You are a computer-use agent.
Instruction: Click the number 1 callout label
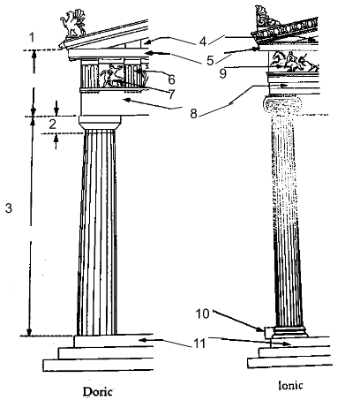(32, 38)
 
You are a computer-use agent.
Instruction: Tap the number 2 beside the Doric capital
(52, 125)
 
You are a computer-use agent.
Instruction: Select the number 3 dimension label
(9, 208)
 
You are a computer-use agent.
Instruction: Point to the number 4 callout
(202, 42)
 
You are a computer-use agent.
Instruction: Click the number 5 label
(210, 61)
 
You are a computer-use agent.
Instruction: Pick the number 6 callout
(171, 79)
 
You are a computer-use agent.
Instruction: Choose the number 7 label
(171, 94)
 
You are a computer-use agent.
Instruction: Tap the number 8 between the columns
(193, 114)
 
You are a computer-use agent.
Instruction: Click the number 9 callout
(223, 73)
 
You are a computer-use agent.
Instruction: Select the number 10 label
(203, 314)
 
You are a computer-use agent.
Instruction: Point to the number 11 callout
(199, 344)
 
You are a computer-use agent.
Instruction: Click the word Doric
(98, 392)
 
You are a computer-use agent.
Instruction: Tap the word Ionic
(290, 385)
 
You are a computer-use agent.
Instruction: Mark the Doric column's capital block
(100, 123)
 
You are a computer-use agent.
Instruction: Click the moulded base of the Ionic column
(289, 332)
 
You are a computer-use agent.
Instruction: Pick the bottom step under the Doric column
(98, 365)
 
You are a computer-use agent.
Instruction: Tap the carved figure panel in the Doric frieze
(111, 76)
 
